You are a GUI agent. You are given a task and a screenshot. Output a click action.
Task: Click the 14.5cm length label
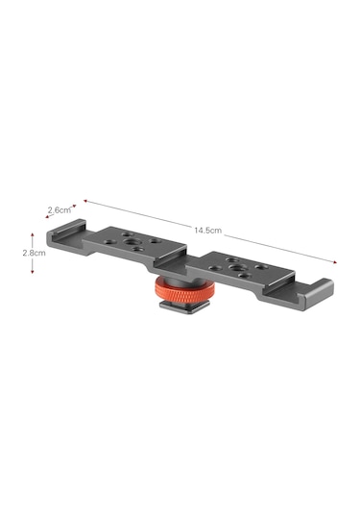[x=207, y=231]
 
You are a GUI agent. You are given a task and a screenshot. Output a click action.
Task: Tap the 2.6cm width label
[x=60, y=209]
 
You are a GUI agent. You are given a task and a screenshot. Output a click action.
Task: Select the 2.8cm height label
[x=34, y=253]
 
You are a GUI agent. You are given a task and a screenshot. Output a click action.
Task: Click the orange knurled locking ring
[x=185, y=290]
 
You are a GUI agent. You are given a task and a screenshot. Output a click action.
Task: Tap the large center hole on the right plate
[x=235, y=268]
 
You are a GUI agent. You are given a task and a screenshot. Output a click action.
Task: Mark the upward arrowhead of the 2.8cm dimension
[x=32, y=234]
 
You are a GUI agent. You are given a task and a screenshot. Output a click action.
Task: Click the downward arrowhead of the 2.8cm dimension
[x=32, y=271]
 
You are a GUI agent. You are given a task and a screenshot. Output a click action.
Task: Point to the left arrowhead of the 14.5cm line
[x=85, y=201]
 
